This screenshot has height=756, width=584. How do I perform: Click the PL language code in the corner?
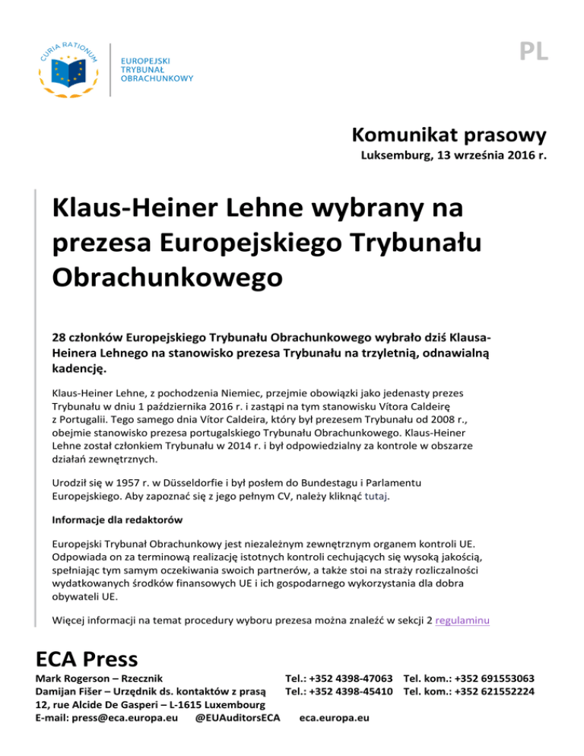tap(535, 51)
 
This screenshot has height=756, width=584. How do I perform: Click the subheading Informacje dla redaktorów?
tap(121, 523)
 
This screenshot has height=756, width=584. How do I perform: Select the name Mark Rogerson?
tap(81, 678)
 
